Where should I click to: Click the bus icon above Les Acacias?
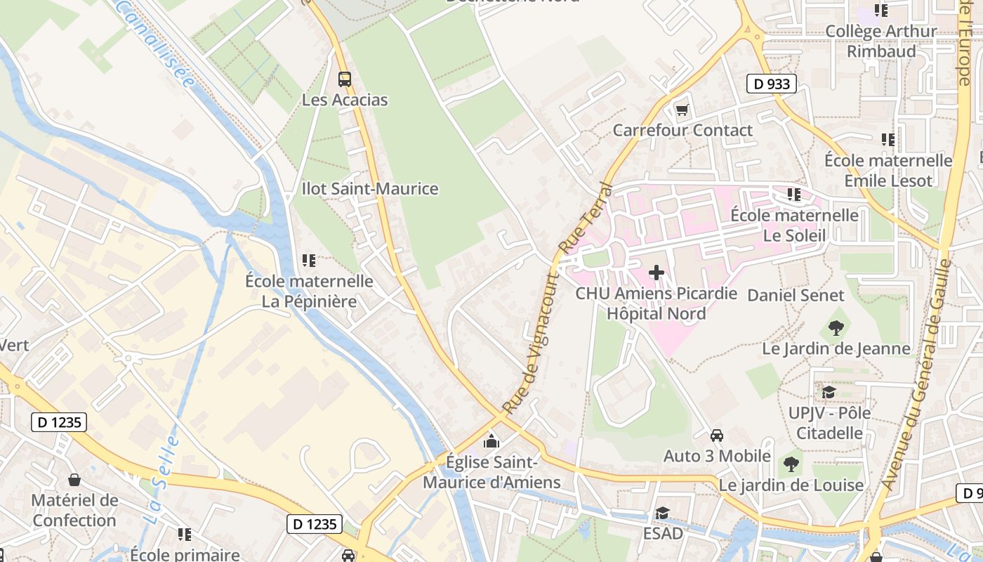coord(344,79)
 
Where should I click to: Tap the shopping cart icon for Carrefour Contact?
coord(682,110)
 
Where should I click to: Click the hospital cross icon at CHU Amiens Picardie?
coord(657,273)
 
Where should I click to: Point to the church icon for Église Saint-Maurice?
coord(491,441)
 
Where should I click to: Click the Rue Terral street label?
coord(586,218)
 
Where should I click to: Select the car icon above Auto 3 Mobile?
coord(717,436)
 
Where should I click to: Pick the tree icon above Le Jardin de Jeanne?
coord(836,327)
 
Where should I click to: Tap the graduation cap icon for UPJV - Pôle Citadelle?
coord(829,392)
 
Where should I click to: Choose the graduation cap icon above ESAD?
coord(662,514)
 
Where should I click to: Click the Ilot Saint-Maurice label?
coord(370,189)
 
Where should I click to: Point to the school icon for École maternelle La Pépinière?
coord(308,261)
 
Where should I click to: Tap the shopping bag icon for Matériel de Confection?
coord(74,480)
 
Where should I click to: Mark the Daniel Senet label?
coord(795,295)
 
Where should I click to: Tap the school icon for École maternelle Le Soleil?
coord(794,194)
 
